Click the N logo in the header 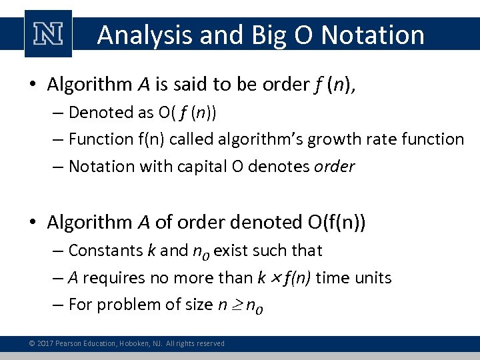click(x=47, y=34)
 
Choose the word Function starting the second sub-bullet click(x=101, y=139)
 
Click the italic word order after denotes click(x=335, y=166)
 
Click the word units click(x=372, y=277)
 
